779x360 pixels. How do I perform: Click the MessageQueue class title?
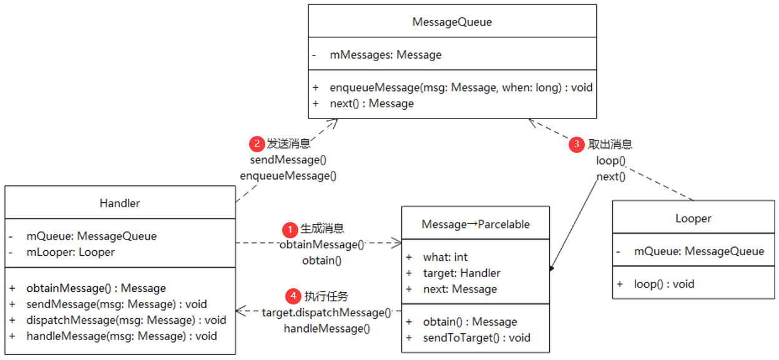[x=452, y=22]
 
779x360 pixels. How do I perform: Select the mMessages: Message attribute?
[x=385, y=55]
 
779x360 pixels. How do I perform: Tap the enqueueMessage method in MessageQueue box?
[x=461, y=87]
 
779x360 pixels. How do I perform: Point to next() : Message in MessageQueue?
[x=371, y=104]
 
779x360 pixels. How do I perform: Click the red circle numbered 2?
[x=257, y=144]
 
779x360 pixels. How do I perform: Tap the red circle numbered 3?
[x=577, y=144]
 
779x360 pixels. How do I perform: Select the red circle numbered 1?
[x=290, y=228]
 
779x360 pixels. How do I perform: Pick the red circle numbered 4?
[x=292, y=296]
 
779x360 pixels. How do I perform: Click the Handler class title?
[x=120, y=203]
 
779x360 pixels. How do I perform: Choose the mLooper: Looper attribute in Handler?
[x=71, y=252]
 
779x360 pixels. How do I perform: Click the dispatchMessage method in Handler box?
[x=126, y=320]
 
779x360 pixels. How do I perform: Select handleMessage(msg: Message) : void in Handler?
[x=122, y=336]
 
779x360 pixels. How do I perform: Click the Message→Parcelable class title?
[x=475, y=224]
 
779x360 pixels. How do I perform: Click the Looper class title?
[x=693, y=218]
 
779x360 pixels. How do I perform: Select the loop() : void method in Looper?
[x=664, y=284]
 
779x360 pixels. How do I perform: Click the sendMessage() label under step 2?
[x=288, y=160]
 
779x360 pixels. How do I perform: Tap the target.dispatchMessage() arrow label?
[x=326, y=312]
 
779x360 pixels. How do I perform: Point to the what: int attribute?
[x=445, y=257]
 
